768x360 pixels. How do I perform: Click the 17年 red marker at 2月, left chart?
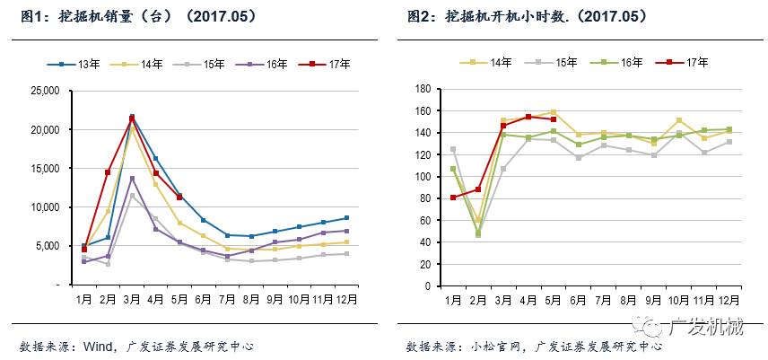click(109, 171)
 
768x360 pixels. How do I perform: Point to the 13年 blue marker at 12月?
click(346, 218)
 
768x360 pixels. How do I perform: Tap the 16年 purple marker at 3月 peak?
click(133, 179)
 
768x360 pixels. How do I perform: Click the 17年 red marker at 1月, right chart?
click(453, 198)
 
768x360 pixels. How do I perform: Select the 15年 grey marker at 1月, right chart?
click(453, 149)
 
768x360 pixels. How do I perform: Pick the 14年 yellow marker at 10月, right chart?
click(678, 120)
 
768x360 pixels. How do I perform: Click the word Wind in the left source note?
click(96, 346)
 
